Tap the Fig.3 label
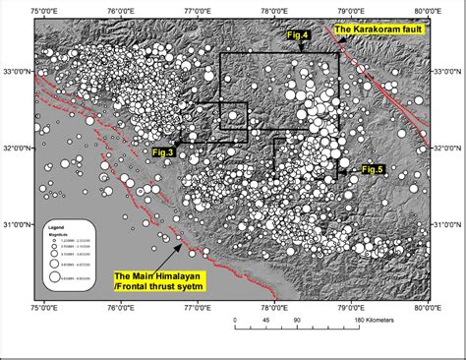(163, 152)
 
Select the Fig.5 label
(373, 170)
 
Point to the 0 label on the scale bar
(235, 321)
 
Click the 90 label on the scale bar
(296, 321)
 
